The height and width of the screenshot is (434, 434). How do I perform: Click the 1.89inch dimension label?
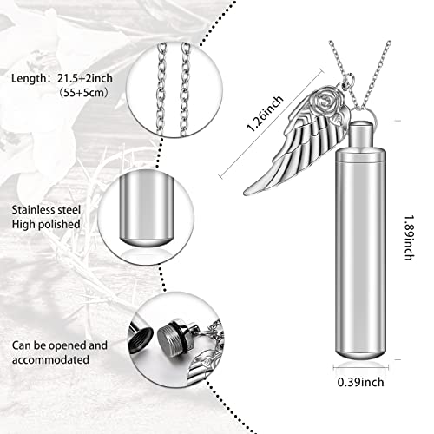[415, 251]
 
